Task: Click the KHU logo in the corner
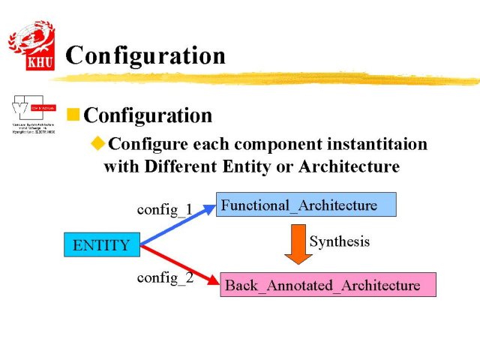pos(31,46)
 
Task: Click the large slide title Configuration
pos(145,55)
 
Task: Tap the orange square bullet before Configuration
pos(73,115)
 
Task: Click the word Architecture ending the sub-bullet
pos(349,166)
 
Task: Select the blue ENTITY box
pos(101,244)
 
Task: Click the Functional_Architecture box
pos(305,205)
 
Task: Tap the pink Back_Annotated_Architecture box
pos(327,285)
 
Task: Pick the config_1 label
pos(164,208)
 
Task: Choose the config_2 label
pos(164,277)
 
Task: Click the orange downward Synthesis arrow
pos(298,243)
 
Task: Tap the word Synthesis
pos(340,241)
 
